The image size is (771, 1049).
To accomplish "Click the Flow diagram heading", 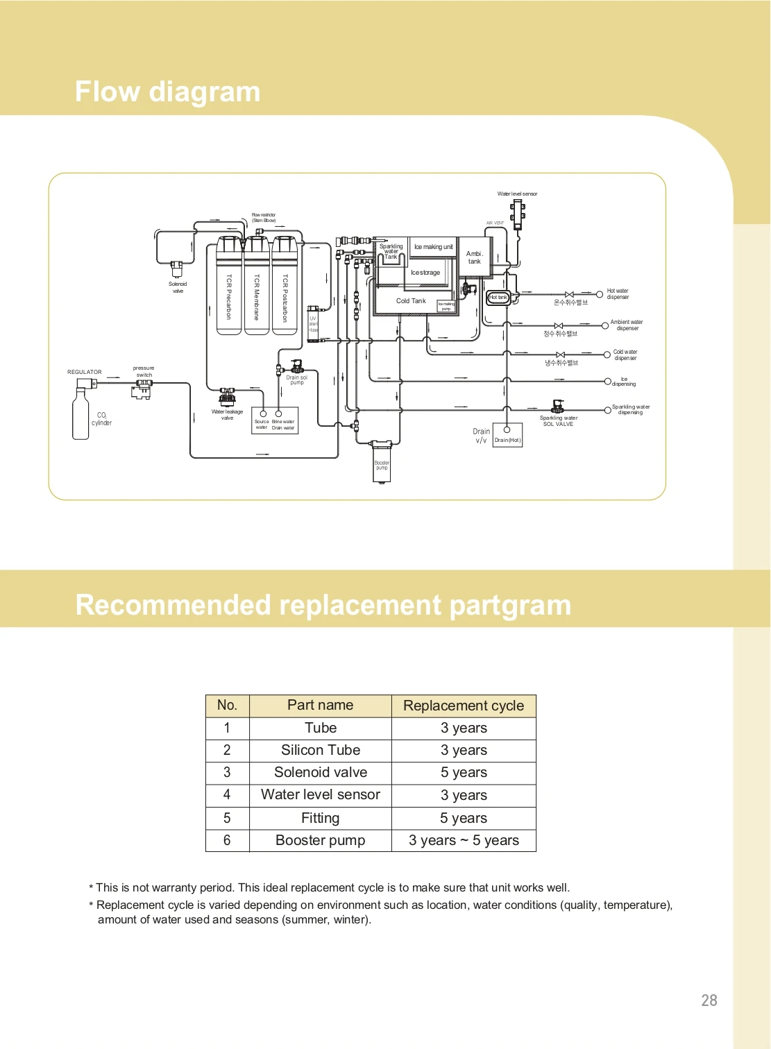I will pos(167,92).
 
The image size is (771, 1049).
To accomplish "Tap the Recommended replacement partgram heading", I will pos(323,605).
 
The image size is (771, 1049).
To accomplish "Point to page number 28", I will pos(709,1000).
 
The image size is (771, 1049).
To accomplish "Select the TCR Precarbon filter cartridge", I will pos(228,287).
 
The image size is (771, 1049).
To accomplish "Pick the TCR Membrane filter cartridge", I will pos(257,287).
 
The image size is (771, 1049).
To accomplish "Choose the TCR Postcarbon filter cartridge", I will pos(285,287).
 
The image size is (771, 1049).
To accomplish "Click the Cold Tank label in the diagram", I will pos(411,301).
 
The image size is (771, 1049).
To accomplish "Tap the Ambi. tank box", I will pos(475,257).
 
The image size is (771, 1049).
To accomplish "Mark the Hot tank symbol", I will pos(498,298).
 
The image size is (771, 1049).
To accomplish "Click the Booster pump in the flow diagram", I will pos(382,461).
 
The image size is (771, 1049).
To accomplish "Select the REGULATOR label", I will pos(85,372).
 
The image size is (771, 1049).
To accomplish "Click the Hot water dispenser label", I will pos(618,294).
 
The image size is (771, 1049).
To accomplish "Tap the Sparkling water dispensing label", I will pos(630,409).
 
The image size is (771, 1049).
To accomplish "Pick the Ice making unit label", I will pos(433,247).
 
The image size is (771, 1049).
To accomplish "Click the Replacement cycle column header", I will pos(464,706).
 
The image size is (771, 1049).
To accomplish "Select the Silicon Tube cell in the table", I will pos(321,750).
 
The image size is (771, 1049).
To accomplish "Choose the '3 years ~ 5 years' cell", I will pos(464,840).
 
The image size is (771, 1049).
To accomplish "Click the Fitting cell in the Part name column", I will pos(321,818).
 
